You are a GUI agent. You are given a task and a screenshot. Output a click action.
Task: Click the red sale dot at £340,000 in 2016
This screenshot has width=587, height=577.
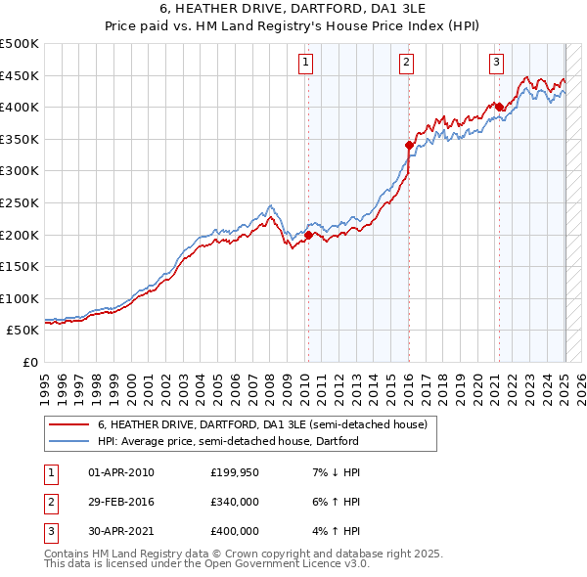410,145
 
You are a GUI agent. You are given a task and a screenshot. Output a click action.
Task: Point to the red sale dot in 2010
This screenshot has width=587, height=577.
308,235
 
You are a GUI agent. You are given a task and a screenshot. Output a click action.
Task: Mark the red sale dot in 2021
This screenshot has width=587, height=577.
499,107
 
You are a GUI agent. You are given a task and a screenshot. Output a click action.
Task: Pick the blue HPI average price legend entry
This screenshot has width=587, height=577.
228,441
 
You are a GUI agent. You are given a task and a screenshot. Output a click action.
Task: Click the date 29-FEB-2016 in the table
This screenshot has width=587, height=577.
121,502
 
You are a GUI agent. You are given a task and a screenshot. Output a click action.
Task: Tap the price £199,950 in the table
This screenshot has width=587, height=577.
235,472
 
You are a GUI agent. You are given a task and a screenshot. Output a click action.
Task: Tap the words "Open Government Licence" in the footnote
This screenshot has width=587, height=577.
265,564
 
